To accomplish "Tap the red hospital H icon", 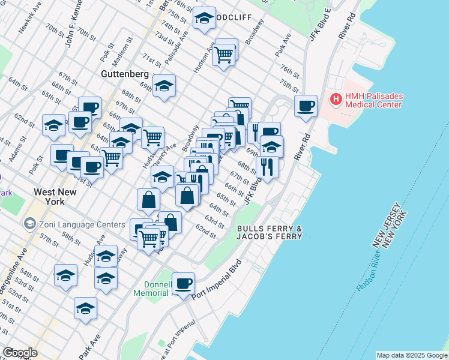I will [336, 98].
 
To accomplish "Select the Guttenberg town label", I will [124, 73].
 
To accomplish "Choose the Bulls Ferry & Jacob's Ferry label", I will [270, 233].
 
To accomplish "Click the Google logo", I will [20, 353].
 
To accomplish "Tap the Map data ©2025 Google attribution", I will [411, 355].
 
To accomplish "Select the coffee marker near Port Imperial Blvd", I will [184, 283].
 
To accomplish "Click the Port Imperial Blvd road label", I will [217, 280].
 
